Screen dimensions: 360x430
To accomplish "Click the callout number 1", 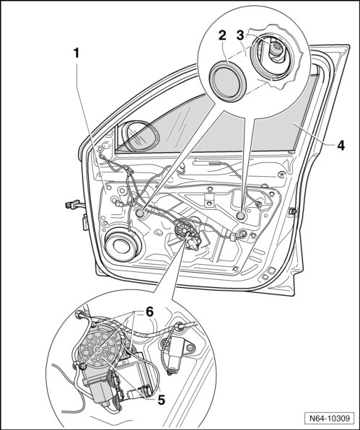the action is coord(76,53).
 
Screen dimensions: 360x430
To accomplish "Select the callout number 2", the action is coord(222,36).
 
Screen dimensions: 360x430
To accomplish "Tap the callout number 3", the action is coord(240,35).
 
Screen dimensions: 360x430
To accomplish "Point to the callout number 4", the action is coord(341,145).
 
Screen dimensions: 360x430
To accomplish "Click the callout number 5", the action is coord(161,400).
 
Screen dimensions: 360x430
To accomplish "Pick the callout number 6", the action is coord(149,312).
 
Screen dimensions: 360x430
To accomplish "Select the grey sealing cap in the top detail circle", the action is coord(228,82).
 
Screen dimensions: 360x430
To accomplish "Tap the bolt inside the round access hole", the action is coord(276,49).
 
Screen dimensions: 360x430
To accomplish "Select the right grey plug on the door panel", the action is coord(241,216).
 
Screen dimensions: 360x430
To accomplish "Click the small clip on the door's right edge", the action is coord(293,211).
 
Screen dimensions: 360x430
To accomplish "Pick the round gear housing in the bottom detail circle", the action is coord(98,348).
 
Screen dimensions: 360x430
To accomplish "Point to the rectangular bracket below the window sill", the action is coord(209,200).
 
